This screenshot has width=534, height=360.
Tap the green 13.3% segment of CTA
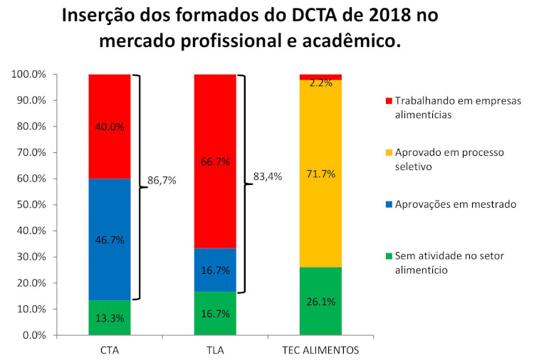pos(110,318)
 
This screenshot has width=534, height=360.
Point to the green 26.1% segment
pos(320,301)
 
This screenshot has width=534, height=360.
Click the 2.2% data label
pos(321,83)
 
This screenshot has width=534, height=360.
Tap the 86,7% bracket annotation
pos(161,181)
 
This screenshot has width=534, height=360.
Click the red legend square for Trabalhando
pos(387,101)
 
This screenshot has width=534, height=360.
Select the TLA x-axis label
pos(215,350)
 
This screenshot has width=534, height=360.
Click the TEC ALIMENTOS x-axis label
pos(320,350)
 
